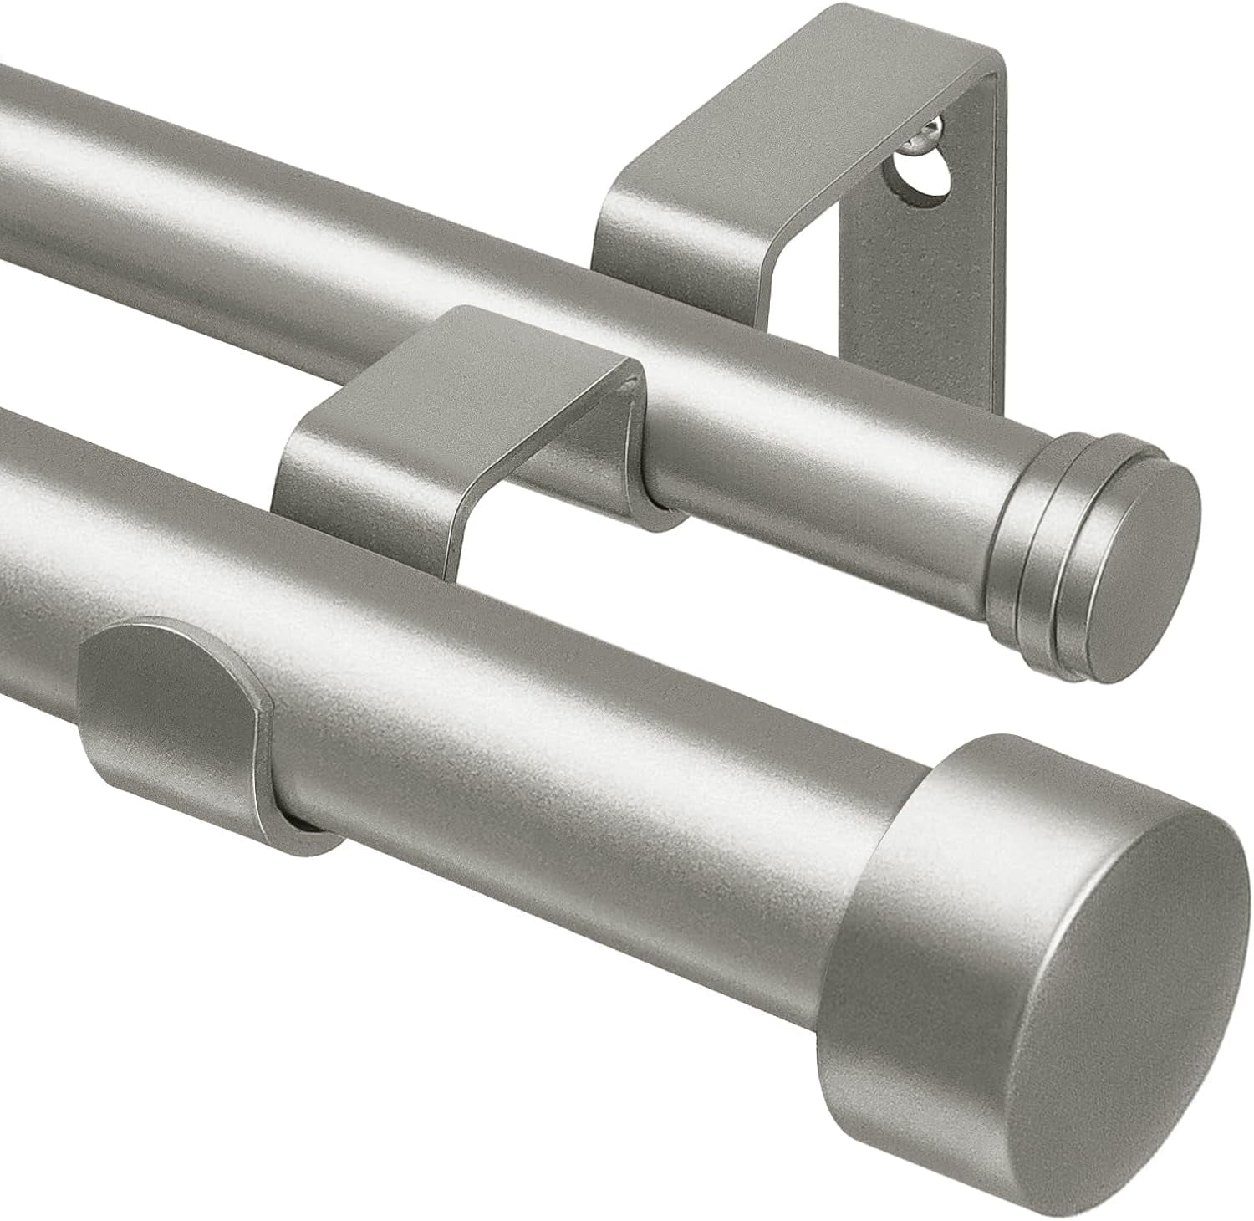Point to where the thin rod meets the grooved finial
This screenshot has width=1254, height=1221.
[x=999, y=519]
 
